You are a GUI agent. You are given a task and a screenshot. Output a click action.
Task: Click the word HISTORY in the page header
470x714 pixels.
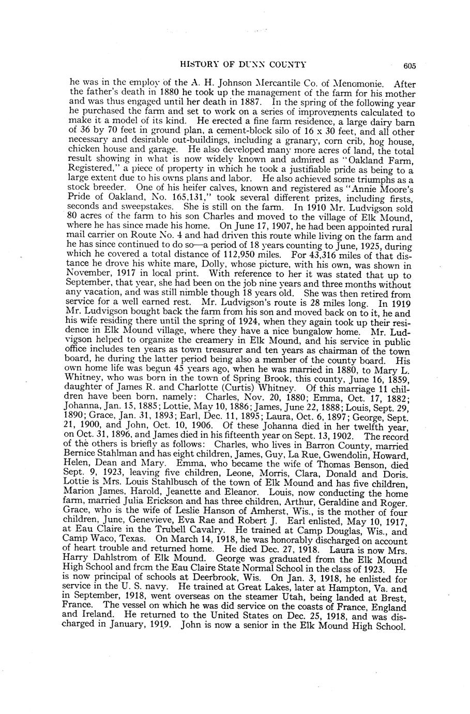click(x=198, y=64)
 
